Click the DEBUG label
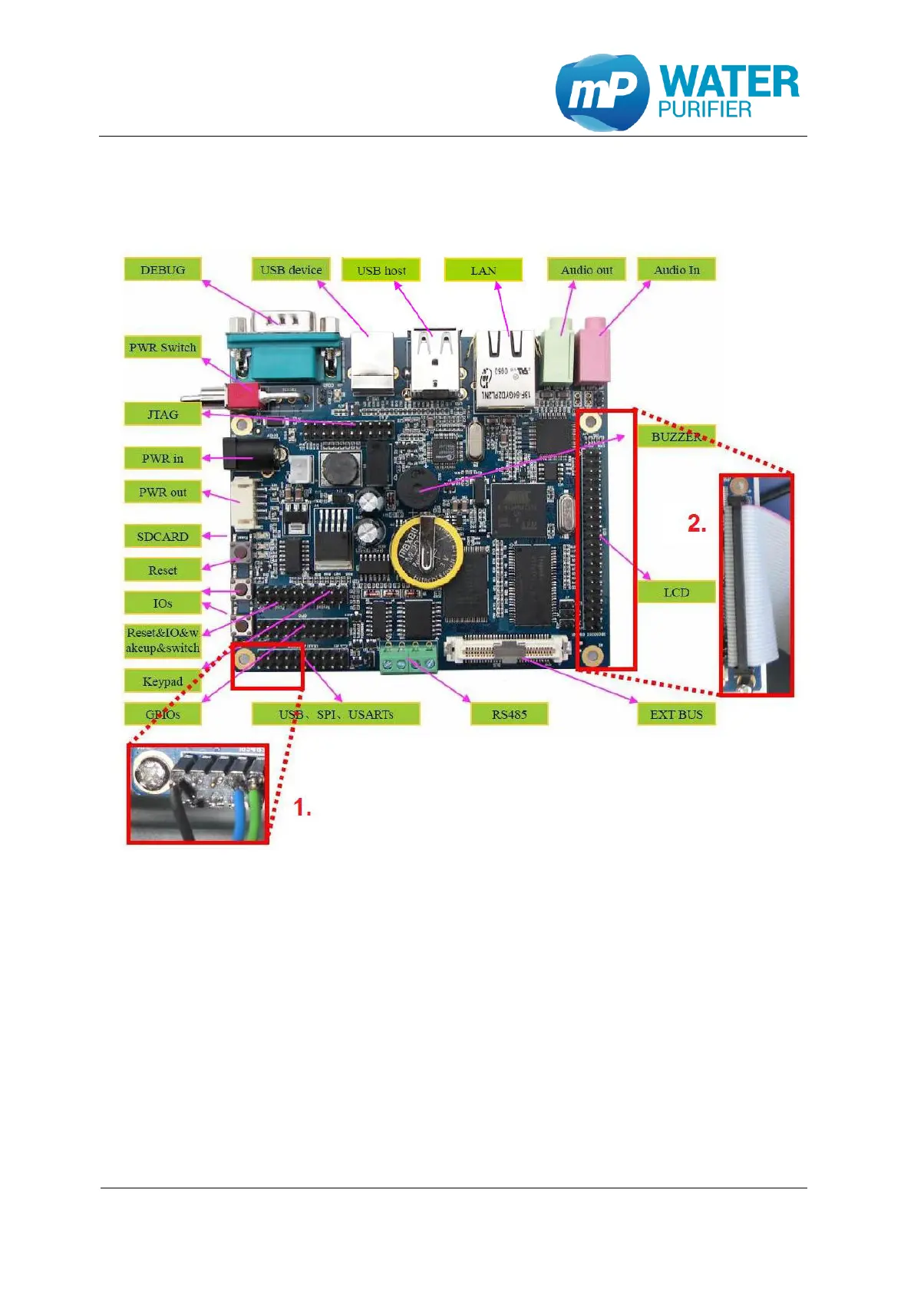click(x=163, y=269)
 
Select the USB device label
click(x=291, y=269)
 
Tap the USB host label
click(x=381, y=270)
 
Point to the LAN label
click(x=483, y=270)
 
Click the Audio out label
click(x=586, y=269)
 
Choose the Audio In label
click(x=676, y=269)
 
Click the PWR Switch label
click(x=163, y=347)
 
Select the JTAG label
click(x=163, y=414)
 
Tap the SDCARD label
click(x=163, y=536)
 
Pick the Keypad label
click(x=163, y=681)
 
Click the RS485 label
click(x=510, y=714)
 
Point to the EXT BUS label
click(x=676, y=714)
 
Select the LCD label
click(x=676, y=592)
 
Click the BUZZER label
click(x=676, y=437)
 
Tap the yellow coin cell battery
click(x=426, y=551)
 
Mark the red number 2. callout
click(x=697, y=524)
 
